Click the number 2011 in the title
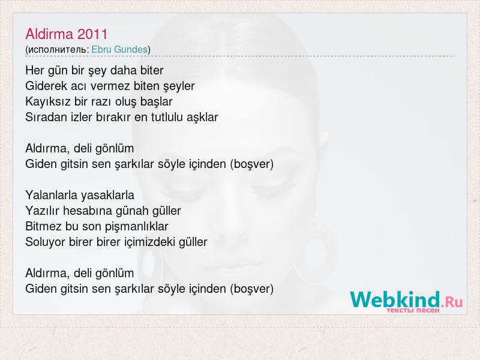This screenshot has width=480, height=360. [x=92, y=34]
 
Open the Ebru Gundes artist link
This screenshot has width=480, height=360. [x=119, y=49]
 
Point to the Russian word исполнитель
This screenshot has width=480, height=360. [x=57, y=50]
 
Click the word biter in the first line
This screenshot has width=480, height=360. [x=152, y=70]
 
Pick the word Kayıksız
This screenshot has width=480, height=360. [x=48, y=101]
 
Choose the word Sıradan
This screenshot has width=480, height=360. [x=46, y=117]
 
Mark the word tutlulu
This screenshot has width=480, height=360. [x=167, y=117]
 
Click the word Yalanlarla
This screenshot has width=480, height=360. [x=52, y=196]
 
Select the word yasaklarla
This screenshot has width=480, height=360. [x=107, y=196]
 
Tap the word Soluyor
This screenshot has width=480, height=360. [x=46, y=242]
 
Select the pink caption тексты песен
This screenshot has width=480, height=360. [x=413, y=310]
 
